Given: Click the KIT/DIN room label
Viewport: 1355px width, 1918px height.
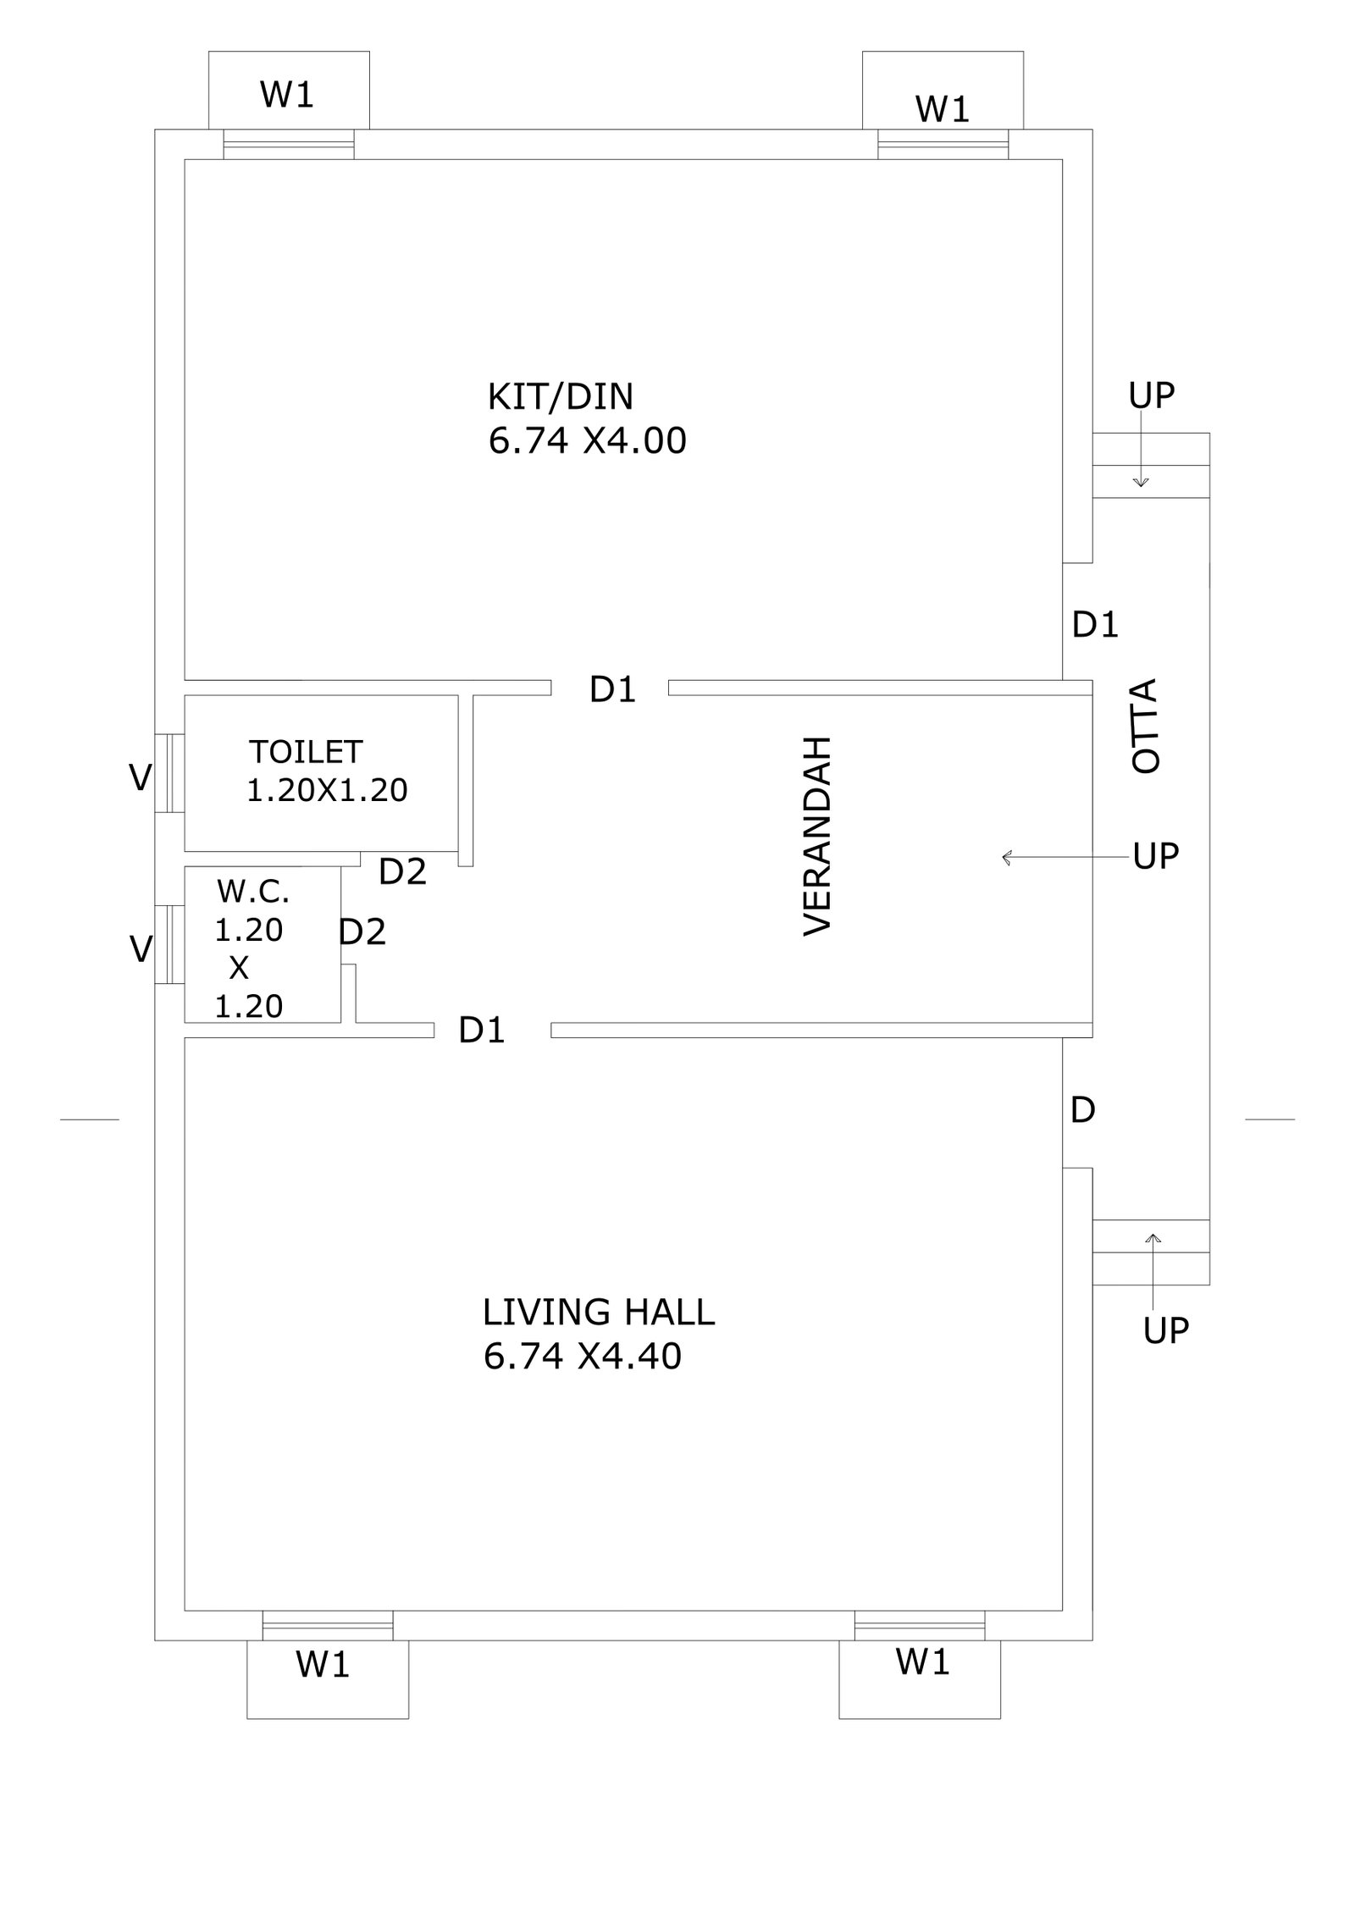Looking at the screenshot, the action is pos(560,397).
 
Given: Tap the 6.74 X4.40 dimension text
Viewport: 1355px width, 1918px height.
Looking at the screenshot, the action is pos(583,1356).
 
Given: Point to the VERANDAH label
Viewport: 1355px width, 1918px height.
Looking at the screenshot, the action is pos(817,835).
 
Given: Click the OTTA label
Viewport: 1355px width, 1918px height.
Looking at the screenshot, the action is pos(1145,725).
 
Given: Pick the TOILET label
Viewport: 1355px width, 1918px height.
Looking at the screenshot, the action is pos(306,751).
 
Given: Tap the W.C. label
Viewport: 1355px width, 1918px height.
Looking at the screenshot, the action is pos(253,891).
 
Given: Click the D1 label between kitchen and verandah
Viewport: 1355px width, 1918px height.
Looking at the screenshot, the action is pos(612,690).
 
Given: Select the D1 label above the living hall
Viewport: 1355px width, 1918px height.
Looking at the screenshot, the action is pos(482,1030).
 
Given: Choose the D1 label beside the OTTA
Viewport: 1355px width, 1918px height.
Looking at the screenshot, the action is pos(1095,625).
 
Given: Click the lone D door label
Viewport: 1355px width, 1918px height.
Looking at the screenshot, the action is pos(1083,1109).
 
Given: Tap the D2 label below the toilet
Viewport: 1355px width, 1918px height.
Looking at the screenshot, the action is pos(402,871).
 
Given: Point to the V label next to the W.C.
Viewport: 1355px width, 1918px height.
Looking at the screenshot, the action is pos(141,948).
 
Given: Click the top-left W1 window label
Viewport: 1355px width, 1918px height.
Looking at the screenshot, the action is pos(287,94).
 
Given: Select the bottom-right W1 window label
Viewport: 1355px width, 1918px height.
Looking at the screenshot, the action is pos(922,1662).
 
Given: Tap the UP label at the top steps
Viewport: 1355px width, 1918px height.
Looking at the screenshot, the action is pos(1152,395).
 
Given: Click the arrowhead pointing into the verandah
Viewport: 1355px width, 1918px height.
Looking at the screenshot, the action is pos(1007,858).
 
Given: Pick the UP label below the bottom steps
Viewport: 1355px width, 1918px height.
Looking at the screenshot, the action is pos(1166,1330).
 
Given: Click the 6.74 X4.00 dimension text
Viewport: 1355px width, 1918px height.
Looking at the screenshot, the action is pos(587,441).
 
